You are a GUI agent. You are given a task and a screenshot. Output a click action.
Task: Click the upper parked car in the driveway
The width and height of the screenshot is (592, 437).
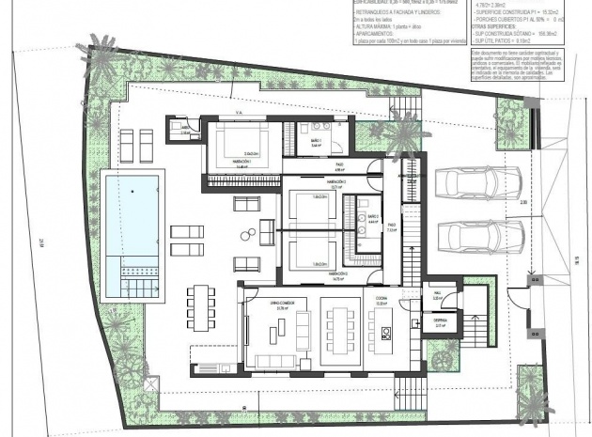pos(468,183)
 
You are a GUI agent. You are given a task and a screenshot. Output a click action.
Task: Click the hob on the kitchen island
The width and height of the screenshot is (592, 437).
pos(384,331)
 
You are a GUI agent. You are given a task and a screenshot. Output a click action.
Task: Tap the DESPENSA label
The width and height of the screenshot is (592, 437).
pos(439,320)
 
